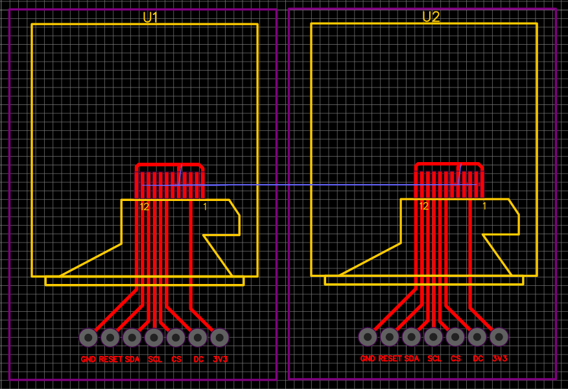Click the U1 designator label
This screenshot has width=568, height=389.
(x=150, y=18)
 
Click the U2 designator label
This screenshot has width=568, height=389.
(x=431, y=17)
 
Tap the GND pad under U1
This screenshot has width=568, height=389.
(x=88, y=337)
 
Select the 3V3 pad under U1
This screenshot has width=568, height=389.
(x=220, y=337)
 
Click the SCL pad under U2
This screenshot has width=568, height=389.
(x=433, y=337)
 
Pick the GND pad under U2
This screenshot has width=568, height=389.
(x=368, y=337)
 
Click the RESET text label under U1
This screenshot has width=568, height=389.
(x=110, y=359)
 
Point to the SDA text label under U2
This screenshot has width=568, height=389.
(x=412, y=359)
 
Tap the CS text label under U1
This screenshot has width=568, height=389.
(x=176, y=359)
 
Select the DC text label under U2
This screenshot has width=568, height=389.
(x=478, y=359)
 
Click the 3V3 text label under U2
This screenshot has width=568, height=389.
(x=499, y=359)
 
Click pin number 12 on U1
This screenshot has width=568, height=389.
(x=145, y=207)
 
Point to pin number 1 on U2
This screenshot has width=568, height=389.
(x=484, y=206)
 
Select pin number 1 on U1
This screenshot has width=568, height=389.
(x=205, y=207)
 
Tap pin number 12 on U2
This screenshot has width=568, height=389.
(x=423, y=206)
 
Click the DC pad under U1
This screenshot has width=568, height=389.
(x=198, y=337)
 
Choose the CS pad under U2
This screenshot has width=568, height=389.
(x=455, y=337)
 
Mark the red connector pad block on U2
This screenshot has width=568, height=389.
(x=449, y=180)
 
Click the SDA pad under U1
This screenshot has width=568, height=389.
(x=132, y=337)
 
